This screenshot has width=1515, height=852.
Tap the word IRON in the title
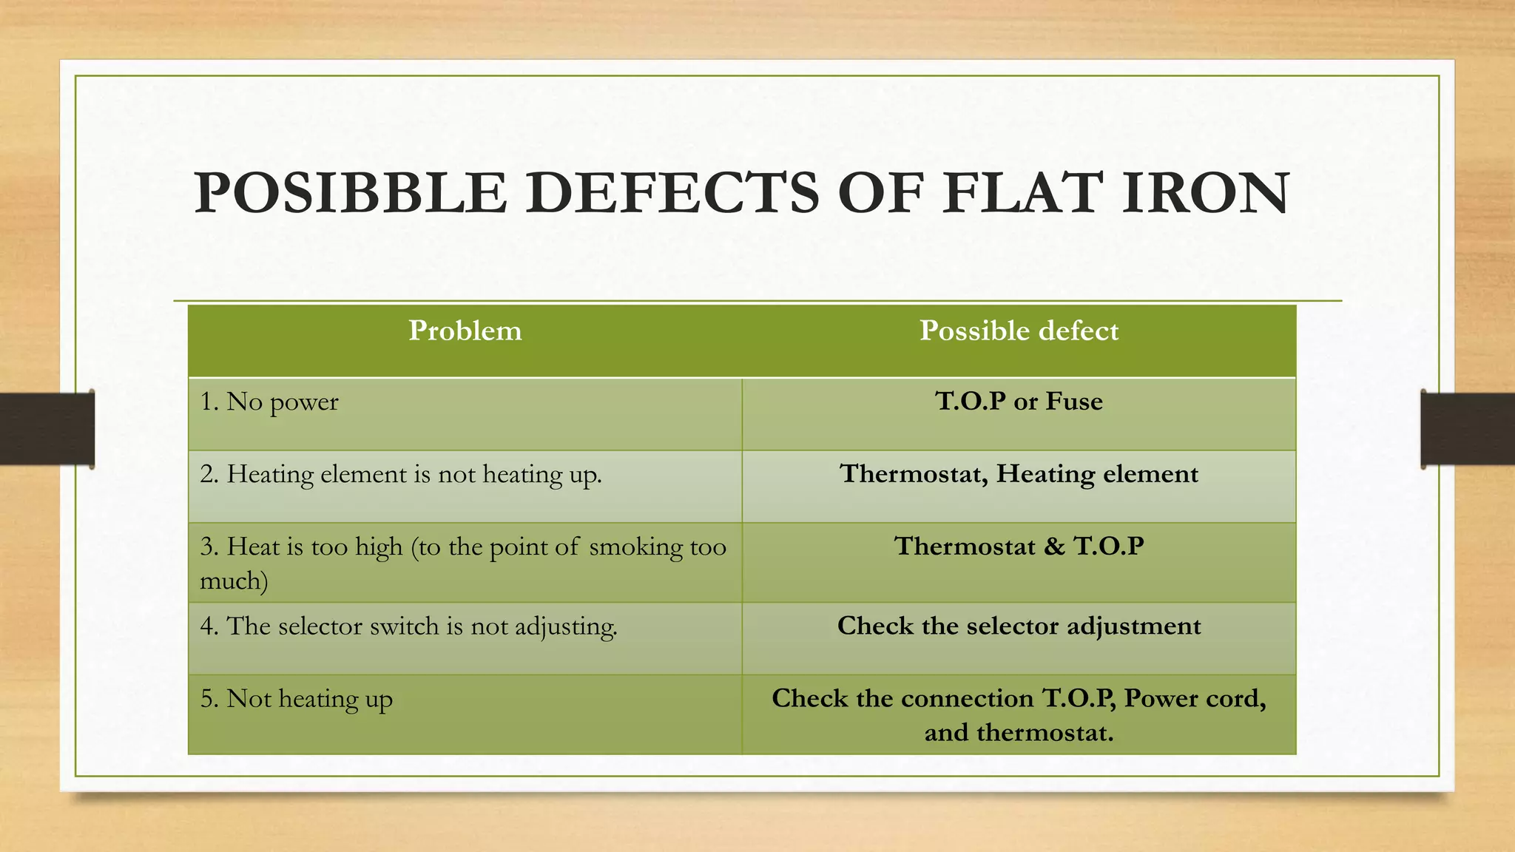(x=1206, y=194)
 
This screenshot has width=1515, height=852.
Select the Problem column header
(x=465, y=331)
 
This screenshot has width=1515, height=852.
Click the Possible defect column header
(x=1019, y=331)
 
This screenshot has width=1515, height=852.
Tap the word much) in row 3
(x=234, y=581)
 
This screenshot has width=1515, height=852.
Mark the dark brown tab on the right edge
(x=1468, y=429)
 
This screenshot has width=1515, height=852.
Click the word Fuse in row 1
(x=1073, y=402)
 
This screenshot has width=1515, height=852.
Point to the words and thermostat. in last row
(x=1019, y=733)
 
